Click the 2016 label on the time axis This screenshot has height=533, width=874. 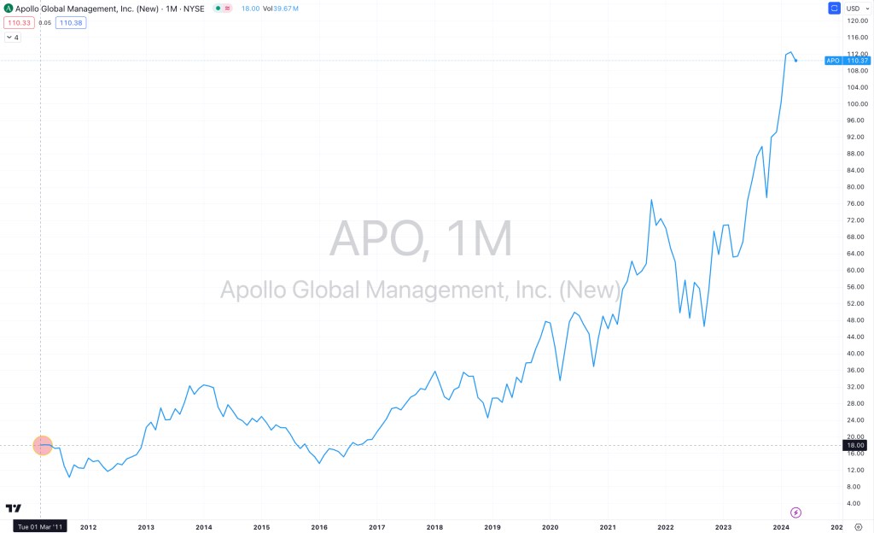pyautogui.click(x=319, y=527)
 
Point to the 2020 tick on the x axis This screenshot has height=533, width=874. pyautogui.click(x=550, y=527)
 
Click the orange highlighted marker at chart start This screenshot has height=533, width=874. pyautogui.click(x=43, y=445)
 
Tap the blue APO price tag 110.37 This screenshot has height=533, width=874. pyautogui.click(x=846, y=61)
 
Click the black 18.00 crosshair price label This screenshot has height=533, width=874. pyautogui.click(x=855, y=445)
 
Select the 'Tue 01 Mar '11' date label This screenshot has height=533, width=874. pyautogui.click(x=40, y=527)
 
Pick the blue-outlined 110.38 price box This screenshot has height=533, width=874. pyautogui.click(x=71, y=22)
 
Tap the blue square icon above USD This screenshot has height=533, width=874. pyautogui.click(x=835, y=8)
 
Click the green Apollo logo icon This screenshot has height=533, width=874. pyautogui.click(x=8, y=8)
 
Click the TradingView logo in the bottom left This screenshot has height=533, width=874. pyautogui.click(x=13, y=508)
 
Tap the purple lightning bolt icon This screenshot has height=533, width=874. pyautogui.click(x=795, y=512)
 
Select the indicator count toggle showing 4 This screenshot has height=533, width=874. pyautogui.click(x=13, y=38)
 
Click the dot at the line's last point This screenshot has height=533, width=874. pyautogui.click(x=795, y=61)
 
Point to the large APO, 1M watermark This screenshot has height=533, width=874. pyautogui.click(x=421, y=240)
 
